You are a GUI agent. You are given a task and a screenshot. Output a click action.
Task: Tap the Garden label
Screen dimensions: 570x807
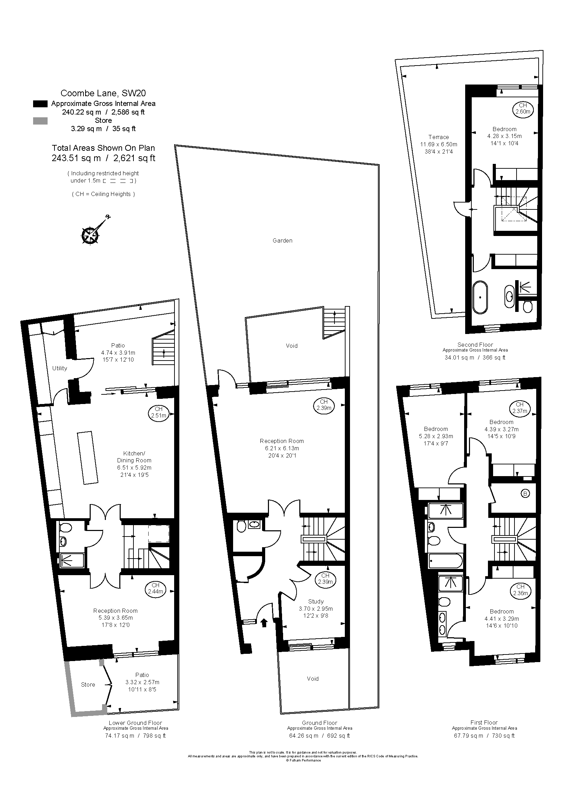282,241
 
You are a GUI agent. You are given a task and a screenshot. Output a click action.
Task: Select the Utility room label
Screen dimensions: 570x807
60,368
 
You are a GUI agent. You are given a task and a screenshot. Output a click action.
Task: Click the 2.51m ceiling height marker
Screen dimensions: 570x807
159,412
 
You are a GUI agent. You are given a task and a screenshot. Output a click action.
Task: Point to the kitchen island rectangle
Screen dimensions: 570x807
88,457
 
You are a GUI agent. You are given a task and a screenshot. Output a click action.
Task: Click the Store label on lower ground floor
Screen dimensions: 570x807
88,685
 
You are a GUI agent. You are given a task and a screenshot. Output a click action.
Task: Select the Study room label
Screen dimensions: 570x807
316,601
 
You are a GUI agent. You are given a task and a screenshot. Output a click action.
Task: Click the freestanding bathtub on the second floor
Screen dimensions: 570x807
480,297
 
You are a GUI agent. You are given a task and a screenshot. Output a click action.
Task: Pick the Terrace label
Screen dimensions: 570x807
438,137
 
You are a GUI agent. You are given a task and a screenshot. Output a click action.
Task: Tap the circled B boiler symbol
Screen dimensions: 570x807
526,494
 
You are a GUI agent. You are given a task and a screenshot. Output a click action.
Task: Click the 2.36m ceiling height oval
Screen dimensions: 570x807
520,590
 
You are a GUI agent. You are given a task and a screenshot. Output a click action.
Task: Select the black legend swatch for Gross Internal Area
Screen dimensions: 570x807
40,104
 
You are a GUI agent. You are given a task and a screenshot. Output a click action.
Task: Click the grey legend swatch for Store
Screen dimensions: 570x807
40,121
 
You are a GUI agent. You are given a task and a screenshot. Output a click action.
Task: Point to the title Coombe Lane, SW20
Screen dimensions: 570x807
103,93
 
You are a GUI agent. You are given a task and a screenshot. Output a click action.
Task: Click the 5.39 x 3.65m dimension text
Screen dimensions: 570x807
115,618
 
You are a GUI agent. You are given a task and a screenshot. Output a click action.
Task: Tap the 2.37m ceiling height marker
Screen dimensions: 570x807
519,408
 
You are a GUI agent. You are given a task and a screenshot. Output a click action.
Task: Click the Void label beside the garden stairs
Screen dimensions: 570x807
291,346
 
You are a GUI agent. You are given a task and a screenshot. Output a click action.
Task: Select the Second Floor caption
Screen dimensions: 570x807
475,345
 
